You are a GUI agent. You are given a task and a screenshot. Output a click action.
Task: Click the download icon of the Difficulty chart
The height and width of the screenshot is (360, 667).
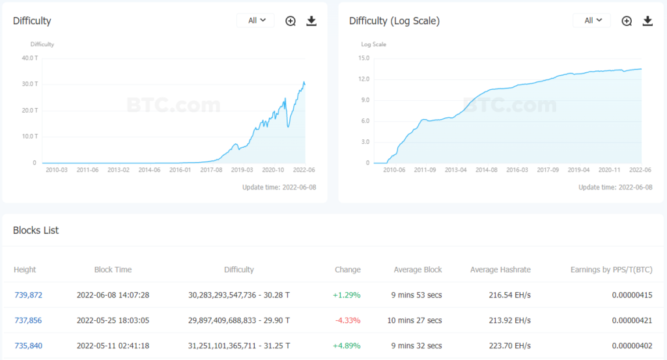pyautogui.click(x=311, y=21)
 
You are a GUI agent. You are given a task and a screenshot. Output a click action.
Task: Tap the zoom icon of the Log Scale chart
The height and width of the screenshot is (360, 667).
pyautogui.click(x=627, y=21)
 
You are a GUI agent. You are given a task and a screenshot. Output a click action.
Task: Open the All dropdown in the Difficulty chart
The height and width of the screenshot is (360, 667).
pyautogui.click(x=256, y=21)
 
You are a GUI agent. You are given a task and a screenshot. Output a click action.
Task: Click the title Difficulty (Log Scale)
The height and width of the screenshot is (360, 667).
pyautogui.click(x=394, y=21)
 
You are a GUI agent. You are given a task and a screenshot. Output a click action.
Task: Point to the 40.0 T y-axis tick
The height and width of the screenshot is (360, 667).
pyautogui.click(x=29, y=58)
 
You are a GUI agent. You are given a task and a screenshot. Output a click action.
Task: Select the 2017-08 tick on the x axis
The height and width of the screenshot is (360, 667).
pyautogui.click(x=210, y=169)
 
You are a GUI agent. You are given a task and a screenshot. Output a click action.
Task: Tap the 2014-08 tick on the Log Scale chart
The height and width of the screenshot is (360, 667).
pyautogui.click(x=487, y=169)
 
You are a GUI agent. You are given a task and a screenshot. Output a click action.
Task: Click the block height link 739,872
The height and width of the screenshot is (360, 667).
pyautogui.click(x=28, y=295)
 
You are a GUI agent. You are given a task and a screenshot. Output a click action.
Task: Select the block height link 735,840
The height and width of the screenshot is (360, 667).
pyautogui.click(x=28, y=346)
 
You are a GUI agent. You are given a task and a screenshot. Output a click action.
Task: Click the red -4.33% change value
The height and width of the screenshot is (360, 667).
pyautogui.click(x=347, y=320)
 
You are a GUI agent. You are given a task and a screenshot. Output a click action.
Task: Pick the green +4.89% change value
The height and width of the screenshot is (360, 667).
pyautogui.click(x=347, y=346)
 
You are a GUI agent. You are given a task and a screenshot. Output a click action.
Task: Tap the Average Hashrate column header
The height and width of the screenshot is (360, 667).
pyautogui.click(x=500, y=270)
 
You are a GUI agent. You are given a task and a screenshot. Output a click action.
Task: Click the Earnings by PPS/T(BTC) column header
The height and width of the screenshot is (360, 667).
pyautogui.click(x=611, y=270)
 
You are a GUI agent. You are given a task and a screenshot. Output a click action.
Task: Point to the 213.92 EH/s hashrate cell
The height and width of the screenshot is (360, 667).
pyautogui.click(x=509, y=320)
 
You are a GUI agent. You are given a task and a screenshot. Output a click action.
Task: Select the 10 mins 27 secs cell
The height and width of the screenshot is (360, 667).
pyautogui.click(x=418, y=320)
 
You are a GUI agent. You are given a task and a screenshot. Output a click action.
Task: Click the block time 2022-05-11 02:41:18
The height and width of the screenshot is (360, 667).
pyautogui.click(x=113, y=346)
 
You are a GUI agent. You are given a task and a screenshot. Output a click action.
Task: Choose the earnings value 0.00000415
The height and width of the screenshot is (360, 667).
pyautogui.click(x=632, y=295)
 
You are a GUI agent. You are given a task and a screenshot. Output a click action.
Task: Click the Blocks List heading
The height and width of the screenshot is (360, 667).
pyautogui.click(x=36, y=230)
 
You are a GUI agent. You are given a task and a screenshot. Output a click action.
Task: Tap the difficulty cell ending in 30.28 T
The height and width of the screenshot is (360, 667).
pyautogui.click(x=239, y=295)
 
